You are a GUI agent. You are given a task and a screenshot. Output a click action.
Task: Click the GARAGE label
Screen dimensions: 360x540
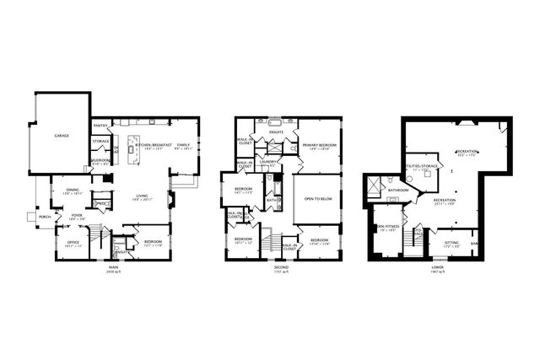coord(62,135)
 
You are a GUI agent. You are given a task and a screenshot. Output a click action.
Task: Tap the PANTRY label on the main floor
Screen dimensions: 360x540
coord(99,124)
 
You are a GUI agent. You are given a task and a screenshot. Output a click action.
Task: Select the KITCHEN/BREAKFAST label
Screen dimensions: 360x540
coord(154,144)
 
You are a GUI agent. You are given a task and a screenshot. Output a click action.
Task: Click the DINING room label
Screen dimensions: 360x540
coord(73,191)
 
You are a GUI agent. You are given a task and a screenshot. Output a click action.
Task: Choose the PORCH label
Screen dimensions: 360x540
coord(44,217)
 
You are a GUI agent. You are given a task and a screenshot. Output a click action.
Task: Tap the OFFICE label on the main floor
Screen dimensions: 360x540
coord(73,243)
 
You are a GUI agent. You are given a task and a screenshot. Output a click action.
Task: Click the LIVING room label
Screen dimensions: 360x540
coord(142,196)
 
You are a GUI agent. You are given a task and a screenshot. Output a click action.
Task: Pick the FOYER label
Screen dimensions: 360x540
coord(77,216)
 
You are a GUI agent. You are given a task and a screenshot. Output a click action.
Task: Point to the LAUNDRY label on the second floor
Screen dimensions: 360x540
coord(268,161)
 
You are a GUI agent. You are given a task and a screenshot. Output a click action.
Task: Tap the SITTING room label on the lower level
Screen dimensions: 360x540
coord(452,243)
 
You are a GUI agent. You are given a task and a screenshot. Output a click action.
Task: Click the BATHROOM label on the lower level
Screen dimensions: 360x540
coord(398,190)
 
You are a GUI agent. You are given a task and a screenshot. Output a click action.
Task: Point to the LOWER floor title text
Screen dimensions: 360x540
coord(437,268)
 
